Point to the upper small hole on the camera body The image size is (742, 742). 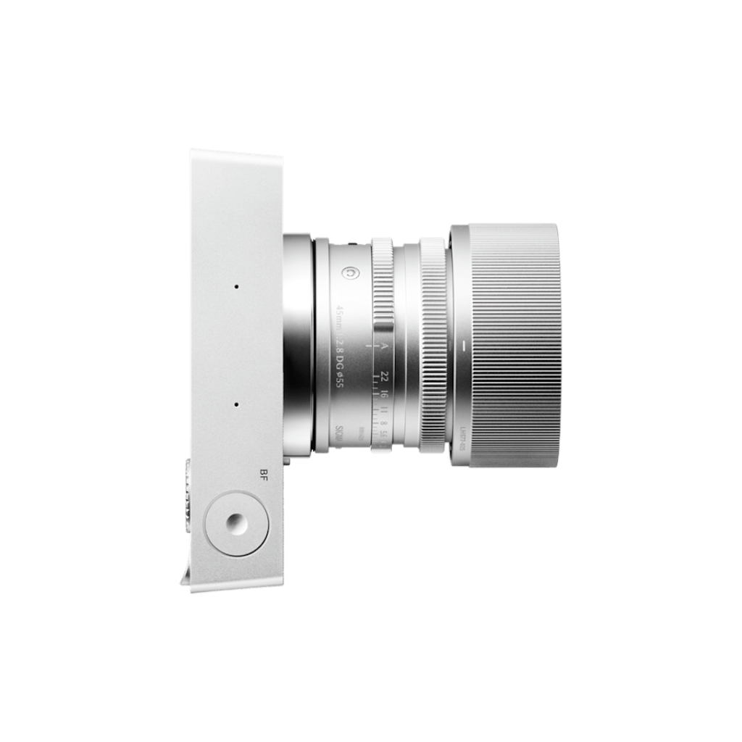point(236,287)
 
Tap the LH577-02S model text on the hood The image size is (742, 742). point(461,438)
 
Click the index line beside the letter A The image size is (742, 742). point(370,347)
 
